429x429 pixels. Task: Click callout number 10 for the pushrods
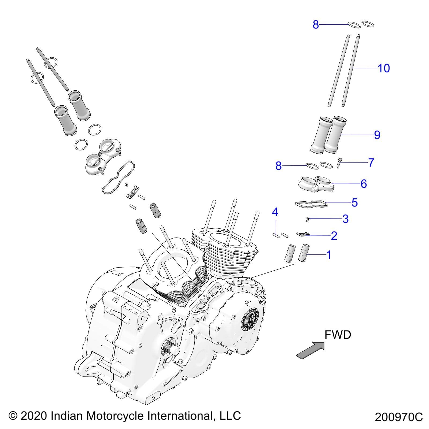(383, 68)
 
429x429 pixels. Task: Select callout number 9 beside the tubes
(377, 135)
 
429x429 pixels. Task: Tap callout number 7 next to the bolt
(371, 162)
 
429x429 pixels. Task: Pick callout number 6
(364, 184)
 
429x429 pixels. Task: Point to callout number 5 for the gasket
(354, 203)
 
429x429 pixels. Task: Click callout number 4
(275, 212)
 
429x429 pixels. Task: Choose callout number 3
(346, 219)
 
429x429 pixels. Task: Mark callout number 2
(334, 236)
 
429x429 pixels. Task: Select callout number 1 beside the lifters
(328, 255)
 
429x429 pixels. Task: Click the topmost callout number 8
(316, 25)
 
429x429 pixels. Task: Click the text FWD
(338, 335)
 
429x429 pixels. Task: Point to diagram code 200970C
(399, 417)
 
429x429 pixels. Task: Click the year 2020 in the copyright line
(34, 416)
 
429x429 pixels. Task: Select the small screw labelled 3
(307, 220)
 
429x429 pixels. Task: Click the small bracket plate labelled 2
(303, 234)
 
